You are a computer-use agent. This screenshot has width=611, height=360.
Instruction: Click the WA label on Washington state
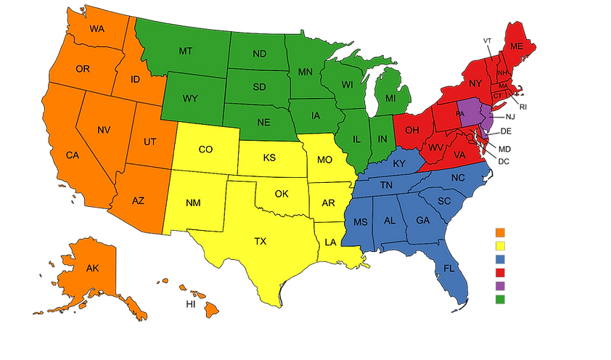click(x=99, y=29)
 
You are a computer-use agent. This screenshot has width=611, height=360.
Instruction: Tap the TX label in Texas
click(x=261, y=241)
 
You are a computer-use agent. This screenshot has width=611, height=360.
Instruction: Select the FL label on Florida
click(x=449, y=269)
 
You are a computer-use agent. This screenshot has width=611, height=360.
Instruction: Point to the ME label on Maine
click(x=516, y=46)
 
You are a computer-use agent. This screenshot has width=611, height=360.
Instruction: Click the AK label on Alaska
click(x=92, y=268)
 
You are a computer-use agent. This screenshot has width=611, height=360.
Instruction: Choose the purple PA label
click(x=460, y=114)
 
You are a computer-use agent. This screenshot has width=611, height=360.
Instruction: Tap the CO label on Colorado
click(x=205, y=150)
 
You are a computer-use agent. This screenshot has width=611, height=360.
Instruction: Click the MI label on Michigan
click(x=390, y=98)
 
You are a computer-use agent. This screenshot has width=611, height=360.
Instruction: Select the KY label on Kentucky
click(x=399, y=163)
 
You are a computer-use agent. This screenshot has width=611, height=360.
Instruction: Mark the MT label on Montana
click(x=185, y=52)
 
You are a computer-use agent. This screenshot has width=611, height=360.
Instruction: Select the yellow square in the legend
click(x=500, y=245)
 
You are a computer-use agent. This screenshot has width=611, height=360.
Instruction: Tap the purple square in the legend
click(x=500, y=285)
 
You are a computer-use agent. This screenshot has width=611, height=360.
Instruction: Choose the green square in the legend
click(x=500, y=298)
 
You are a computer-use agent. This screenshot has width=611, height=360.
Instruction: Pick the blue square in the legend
click(x=500, y=258)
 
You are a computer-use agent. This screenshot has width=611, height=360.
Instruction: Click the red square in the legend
click(x=500, y=272)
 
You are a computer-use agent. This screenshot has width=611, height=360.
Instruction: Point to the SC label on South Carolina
click(x=445, y=200)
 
